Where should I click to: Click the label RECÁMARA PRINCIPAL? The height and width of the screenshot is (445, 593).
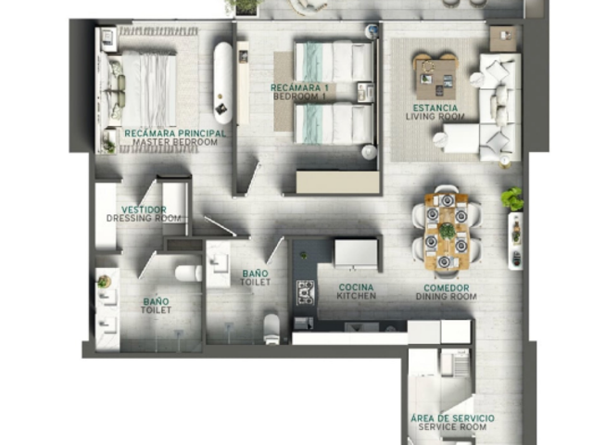click(175, 133)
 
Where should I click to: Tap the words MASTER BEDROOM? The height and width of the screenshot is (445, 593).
click(175, 142)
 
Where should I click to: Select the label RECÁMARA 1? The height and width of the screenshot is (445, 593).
click(299, 88)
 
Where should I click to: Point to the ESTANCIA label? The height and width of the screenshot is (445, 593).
click(435, 108)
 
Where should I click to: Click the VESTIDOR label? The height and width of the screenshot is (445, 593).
click(144, 210)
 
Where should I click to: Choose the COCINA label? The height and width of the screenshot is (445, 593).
click(356, 287)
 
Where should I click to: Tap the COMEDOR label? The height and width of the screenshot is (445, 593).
click(447, 288)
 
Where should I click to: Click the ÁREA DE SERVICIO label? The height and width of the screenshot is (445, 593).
click(452, 418)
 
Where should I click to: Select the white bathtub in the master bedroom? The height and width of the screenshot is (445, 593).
click(222, 83)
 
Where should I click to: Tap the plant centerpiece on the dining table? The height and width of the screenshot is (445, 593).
click(447, 231)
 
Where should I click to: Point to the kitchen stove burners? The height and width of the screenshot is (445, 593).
click(305, 292)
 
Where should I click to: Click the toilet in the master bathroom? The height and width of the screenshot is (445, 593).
click(189, 273)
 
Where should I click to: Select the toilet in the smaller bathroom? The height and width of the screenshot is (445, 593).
click(271, 328)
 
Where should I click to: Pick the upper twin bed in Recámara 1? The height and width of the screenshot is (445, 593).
click(334, 62)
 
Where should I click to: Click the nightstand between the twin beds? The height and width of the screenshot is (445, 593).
click(365, 93)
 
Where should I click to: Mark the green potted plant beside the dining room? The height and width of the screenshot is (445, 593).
click(512, 199)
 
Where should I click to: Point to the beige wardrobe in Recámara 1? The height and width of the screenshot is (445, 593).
click(337, 182)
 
